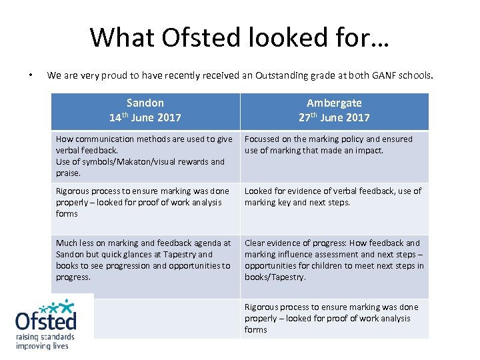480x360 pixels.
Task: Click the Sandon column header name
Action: (145, 103)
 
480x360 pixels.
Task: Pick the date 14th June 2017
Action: (145, 117)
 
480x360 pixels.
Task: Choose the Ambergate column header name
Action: (334, 103)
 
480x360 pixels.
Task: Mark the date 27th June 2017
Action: (334, 117)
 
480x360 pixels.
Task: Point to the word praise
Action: (68, 173)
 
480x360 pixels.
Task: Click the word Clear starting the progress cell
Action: (256, 243)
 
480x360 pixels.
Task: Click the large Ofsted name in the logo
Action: (45, 321)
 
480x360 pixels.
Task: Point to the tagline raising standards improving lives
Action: (45, 341)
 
